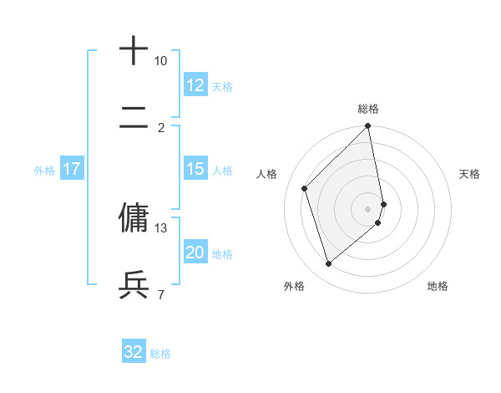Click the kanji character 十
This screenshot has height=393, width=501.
coord(134,50)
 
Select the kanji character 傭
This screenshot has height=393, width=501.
coord(134,217)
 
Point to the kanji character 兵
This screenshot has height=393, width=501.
coord(134,285)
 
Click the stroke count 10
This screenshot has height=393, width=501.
coord(160,61)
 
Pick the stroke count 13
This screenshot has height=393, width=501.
coord(160,227)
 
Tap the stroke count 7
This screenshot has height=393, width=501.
coord(160,294)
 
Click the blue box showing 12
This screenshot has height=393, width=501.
coord(195,85)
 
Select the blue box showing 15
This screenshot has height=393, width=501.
coord(195,169)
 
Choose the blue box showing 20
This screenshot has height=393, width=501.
coord(195,253)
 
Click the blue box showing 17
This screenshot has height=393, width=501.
coord(71,169)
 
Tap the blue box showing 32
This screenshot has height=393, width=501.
coord(133,352)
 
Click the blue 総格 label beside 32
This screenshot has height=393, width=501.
coord(160,354)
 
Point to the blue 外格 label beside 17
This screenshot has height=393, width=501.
coord(44,171)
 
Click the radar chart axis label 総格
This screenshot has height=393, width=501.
coord(368,109)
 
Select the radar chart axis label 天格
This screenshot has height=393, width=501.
coord(469,174)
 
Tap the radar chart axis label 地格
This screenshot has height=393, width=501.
coord(438,286)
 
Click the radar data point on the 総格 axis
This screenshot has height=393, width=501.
coord(368,127)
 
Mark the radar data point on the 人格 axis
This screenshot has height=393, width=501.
coord(305,188)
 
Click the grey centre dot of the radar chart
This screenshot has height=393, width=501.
coord(368,208)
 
